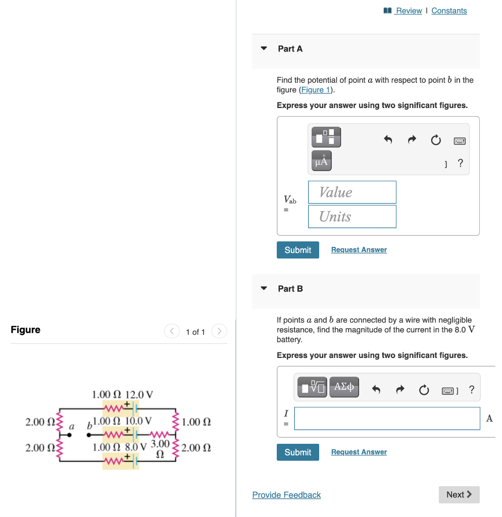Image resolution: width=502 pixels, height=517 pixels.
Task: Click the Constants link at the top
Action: click(449, 11)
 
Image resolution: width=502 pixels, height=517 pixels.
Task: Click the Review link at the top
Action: click(409, 11)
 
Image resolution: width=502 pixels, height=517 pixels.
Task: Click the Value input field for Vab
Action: click(352, 192)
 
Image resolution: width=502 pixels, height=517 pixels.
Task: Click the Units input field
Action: click(352, 217)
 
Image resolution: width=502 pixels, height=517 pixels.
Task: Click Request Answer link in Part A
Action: click(359, 250)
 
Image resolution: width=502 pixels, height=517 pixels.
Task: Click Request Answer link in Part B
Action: click(359, 452)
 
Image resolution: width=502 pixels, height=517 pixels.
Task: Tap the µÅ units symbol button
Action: click(322, 161)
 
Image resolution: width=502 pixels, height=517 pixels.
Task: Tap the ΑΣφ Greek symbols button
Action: click(344, 387)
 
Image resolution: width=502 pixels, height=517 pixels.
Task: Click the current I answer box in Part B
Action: click(387, 419)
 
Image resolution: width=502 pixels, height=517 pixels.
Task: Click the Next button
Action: click(459, 494)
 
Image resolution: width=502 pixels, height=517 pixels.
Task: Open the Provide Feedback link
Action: click(286, 495)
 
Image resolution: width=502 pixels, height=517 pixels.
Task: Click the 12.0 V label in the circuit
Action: click(139, 394)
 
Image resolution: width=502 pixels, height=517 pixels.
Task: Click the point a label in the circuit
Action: click(71, 427)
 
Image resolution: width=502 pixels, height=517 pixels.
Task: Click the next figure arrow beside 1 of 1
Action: click(219, 332)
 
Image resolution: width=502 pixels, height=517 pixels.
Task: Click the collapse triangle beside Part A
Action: click(264, 49)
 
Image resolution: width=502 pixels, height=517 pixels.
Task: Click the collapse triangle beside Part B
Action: click(264, 289)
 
